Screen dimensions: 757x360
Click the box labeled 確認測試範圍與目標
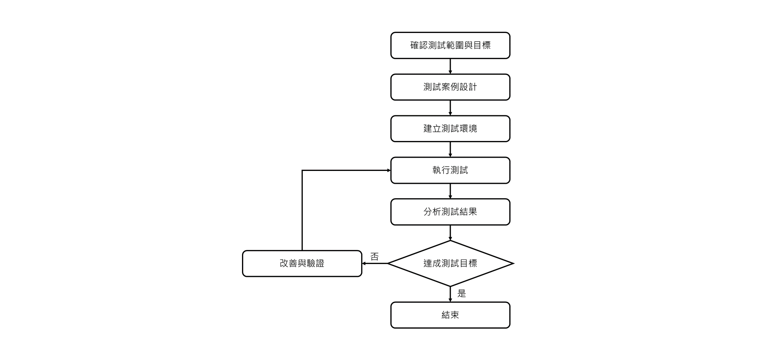(x=450, y=45)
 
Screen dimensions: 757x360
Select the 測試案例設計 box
(x=450, y=87)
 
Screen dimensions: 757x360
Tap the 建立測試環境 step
(x=450, y=129)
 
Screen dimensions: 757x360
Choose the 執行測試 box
(x=450, y=170)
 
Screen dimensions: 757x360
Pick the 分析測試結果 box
(x=450, y=212)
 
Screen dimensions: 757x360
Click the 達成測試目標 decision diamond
(x=450, y=264)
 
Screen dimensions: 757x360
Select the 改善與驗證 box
(x=302, y=264)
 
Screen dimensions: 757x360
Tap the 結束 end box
(x=450, y=315)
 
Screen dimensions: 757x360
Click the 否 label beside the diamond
(x=374, y=257)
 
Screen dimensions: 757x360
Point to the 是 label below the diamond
(x=462, y=293)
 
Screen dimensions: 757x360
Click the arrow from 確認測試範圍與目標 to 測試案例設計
(x=450, y=67)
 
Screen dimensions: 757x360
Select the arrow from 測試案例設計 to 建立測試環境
(x=450, y=108)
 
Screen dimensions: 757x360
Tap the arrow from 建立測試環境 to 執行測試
(x=450, y=150)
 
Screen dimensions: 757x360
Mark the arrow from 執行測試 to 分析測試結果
(x=450, y=191)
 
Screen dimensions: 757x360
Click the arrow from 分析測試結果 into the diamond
(x=450, y=233)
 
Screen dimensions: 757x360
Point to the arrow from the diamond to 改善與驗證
(x=375, y=264)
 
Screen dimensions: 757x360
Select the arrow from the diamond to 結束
(x=450, y=294)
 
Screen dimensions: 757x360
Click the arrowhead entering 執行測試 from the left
(x=389, y=171)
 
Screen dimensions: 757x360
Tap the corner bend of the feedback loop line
(x=302, y=171)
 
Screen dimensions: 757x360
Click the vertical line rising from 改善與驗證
(x=302, y=210)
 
